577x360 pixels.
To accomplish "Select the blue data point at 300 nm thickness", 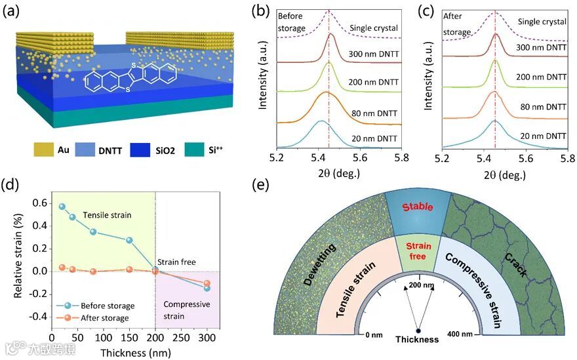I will coord(207,288).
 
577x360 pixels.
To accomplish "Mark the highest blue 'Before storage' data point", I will coord(63,207).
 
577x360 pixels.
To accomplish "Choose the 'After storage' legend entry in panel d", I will coord(108,318).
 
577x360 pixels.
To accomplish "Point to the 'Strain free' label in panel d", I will coord(176,262).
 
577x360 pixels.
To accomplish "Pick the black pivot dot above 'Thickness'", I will coord(417,330).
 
